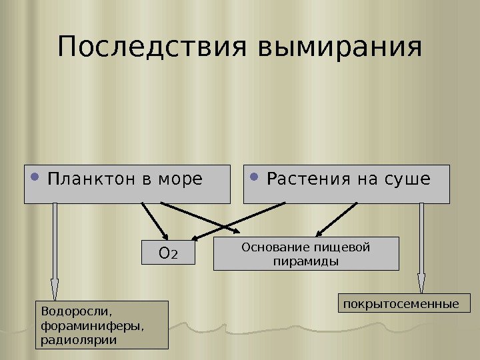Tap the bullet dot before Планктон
pos(35,178)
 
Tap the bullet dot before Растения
pos(255,178)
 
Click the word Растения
pos(304,180)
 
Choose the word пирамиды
pos(306,261)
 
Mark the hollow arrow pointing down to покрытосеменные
pos(421,247)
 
